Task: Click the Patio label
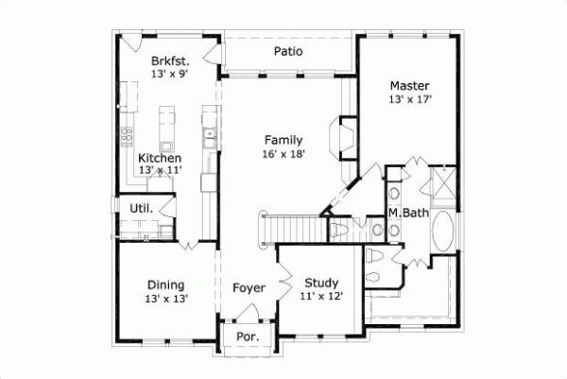288,51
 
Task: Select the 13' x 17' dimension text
409,98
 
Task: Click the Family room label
283,139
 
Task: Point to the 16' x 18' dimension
283,154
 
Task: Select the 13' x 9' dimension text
171,75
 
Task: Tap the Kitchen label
160,158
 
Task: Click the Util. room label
129,207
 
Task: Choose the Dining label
165,284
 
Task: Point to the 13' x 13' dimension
166,299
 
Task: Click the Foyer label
249,287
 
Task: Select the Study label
321,283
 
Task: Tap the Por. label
247,336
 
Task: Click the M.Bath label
409,214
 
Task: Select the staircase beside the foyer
283,230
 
